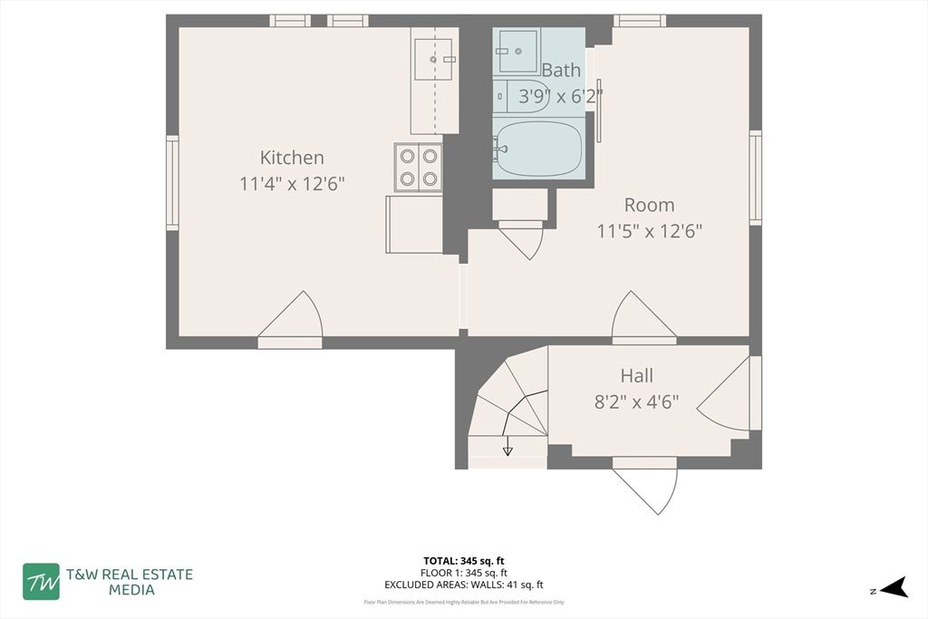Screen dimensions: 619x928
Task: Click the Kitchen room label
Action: [292, 157]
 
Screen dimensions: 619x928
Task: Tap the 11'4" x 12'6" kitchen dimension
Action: [292, 184]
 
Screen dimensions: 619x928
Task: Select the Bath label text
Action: [562, 70]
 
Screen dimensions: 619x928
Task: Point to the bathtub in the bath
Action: [538, 149]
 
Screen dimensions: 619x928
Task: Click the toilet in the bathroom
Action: [521, 95]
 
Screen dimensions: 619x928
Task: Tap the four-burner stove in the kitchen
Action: [419, 167]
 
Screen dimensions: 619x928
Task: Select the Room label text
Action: [649, 205]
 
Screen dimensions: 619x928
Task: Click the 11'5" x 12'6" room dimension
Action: [649, 231]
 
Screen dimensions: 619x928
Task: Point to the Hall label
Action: [636, 375]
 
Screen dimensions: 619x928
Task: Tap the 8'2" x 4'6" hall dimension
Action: [636, 401]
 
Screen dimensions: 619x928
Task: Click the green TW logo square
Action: [42, 581]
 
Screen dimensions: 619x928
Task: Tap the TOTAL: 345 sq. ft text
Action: [465, 560]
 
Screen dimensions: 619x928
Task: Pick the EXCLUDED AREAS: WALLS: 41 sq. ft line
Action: [465, 585]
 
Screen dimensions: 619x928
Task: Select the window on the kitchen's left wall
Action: [172, 182]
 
